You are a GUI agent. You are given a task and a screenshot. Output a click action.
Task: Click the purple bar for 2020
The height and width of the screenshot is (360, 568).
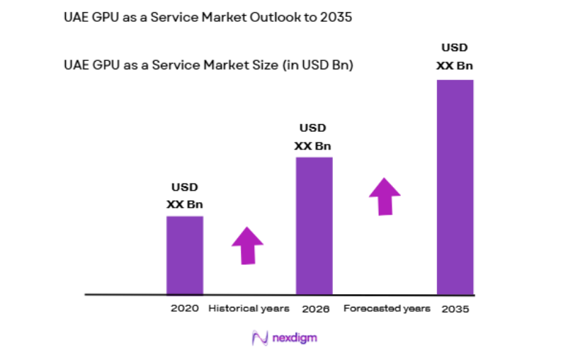(185, 254)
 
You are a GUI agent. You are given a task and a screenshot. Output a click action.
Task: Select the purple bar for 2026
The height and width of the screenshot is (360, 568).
(314, 225)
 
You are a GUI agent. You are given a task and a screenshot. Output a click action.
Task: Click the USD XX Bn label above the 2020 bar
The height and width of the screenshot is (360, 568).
(185, 196)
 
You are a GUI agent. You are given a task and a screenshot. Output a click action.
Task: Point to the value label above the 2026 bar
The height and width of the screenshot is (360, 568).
(313, 137)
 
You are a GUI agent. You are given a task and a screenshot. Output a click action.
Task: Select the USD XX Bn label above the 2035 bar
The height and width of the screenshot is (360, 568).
(455, 57)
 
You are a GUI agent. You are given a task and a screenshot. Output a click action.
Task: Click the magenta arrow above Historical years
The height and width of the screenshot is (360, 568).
(247, 245)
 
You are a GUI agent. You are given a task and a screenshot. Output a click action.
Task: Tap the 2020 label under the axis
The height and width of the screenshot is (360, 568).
(184, 309)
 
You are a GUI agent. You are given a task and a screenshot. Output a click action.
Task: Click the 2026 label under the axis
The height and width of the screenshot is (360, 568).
(315, 309)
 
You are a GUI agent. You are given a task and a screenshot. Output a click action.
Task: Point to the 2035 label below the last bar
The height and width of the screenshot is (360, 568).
(455, 309)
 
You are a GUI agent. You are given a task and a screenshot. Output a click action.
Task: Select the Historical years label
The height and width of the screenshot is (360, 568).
(249, 308)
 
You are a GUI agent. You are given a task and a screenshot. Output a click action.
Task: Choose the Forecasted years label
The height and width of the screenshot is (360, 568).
(387, 308)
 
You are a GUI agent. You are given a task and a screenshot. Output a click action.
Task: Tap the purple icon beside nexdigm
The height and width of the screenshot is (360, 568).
(259, 338)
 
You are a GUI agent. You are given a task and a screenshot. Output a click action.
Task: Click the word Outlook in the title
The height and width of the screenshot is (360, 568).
(273, 18)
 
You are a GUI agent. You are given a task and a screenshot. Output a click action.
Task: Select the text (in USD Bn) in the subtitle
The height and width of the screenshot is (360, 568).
(318, 65)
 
